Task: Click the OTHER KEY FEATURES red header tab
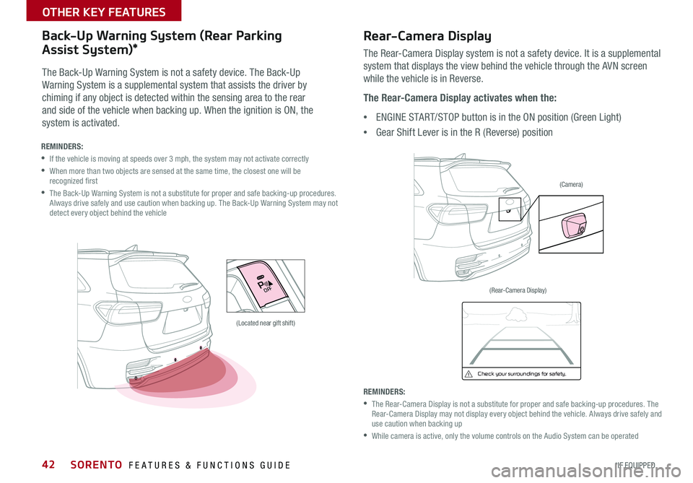(x=90, y=12)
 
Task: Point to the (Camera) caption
(x=571, y=185)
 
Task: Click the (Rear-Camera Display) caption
(x=518, y=290)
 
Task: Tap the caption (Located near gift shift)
(x=266, y=323)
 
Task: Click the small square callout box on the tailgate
(x=509, y=209)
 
